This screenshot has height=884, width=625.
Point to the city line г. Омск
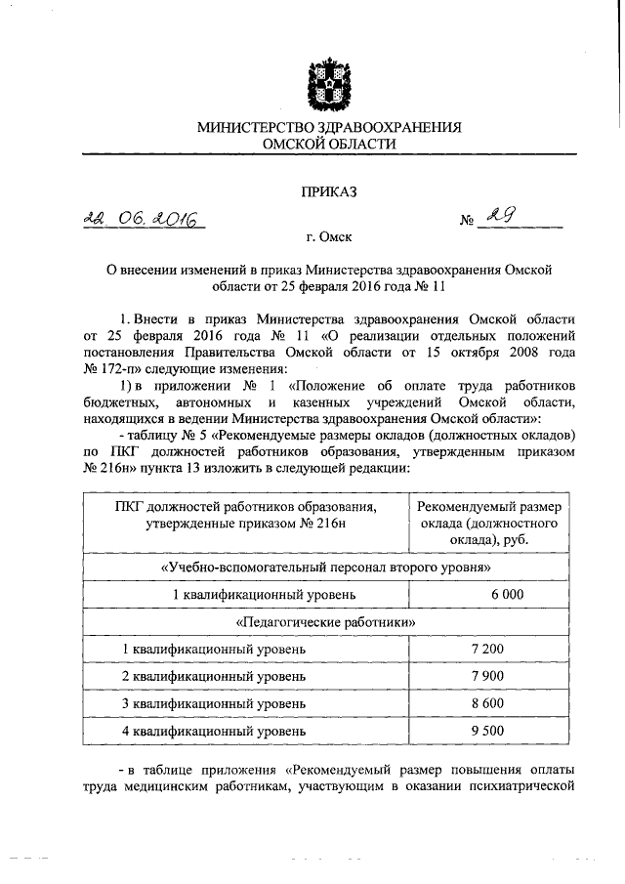coord(328,236)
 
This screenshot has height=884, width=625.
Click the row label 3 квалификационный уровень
coord(214,703)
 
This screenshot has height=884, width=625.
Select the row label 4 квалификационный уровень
coord(214,731)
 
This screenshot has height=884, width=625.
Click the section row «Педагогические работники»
coord(327,621)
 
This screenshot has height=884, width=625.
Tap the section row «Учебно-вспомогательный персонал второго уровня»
coord(327,567)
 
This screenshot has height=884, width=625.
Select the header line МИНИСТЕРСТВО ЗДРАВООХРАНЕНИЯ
coord(329,127)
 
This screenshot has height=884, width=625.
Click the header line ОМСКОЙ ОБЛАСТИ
coord(329,144)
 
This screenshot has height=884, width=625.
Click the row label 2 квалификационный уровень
coord(214,676)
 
